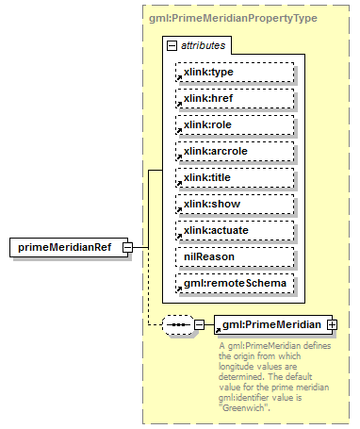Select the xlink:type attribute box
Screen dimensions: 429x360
tap(235, 72)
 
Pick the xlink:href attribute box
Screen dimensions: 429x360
tap(235, 98)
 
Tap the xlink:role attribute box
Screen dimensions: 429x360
tap(235, 124)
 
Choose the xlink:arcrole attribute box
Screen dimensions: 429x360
tap(235, 151)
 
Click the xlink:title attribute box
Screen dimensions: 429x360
tap(235, 177)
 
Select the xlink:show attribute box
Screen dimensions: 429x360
tap(235, 204)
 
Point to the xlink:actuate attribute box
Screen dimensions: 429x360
tap(235, 230)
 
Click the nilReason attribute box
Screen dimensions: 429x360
tap(235, 256)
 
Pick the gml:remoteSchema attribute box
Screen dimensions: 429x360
tap(235, 283)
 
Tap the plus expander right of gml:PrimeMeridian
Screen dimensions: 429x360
tap(331, 325)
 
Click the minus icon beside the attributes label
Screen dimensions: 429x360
tap(171, 45)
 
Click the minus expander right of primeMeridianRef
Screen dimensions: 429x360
tap(139, 248)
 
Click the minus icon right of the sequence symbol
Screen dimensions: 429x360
tap(199, 325)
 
